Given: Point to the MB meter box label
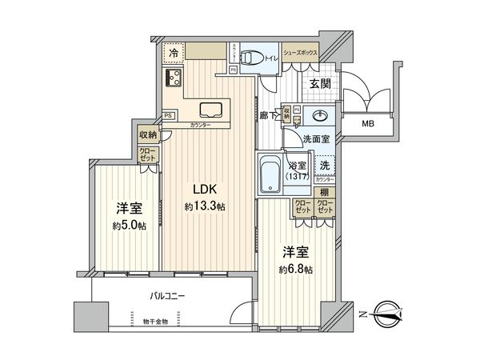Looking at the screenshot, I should coord(367,124).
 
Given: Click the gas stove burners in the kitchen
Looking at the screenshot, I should coord(174,78).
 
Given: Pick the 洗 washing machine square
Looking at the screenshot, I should coord(324,165).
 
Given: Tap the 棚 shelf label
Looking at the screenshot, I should coord(324,192).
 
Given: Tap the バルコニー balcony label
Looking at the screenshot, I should coord(167,295).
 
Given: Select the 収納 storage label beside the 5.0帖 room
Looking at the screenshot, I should coord(147,134).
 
